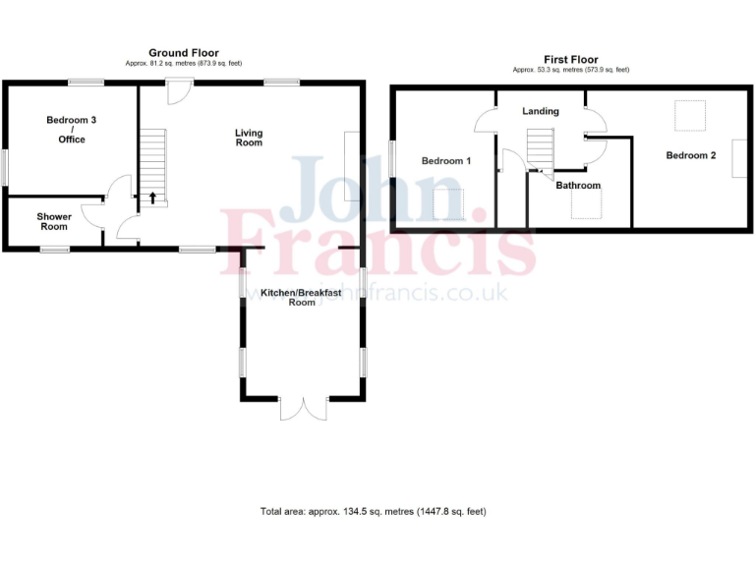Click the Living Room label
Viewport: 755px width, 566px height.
(x=249, y=138)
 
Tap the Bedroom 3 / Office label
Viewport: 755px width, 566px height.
(x=72, y=130)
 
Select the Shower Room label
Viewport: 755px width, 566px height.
(x=54, y=221)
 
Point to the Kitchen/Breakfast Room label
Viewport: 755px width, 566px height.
(x=302, y=297)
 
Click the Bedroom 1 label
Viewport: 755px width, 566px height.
(x=446, y=160)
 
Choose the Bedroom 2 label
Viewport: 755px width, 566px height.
(x=691, y=155)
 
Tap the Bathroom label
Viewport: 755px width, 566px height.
(x=578, y=185)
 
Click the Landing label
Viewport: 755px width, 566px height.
(x=541, y=111)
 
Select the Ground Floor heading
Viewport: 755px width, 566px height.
(x=184, y=52)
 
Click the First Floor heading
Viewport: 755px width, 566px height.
(x=571, y=60)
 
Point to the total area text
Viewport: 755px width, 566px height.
(x=374, y=511)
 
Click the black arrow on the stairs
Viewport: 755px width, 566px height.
(x=152, y=197)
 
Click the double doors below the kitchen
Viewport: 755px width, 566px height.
(x=303, y=408)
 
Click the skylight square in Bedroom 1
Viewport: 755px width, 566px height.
(x=450, y=203)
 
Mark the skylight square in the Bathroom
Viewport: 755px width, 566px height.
(x=588, y=204)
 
